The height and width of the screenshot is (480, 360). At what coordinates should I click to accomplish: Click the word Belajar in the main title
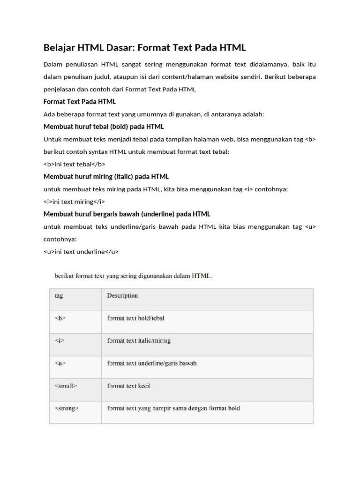(60, 48)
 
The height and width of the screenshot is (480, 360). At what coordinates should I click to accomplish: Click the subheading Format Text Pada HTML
(79, 102)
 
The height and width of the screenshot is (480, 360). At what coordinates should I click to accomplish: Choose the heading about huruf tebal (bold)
(104, 127)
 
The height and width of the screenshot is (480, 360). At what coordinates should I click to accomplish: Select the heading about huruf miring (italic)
(106, 177)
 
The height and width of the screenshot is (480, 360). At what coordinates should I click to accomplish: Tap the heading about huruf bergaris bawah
(127, 214)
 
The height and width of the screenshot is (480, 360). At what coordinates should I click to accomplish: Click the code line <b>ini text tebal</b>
(74, 164)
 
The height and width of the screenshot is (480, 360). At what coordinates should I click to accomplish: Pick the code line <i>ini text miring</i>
(74, 202)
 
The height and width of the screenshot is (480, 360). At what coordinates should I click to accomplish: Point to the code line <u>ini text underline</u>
(81, 252)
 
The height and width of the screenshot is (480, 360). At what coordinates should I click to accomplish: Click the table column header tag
(59, 296)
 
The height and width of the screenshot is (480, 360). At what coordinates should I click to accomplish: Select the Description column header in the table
(122, 296)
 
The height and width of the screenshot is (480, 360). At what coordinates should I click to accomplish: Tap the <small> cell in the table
(66, 386)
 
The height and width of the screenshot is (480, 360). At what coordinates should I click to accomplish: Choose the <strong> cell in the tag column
(67, 408)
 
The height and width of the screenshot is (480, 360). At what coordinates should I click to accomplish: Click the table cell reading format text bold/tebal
(135, 318)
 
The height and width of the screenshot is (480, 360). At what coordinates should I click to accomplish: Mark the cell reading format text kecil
(129, 386)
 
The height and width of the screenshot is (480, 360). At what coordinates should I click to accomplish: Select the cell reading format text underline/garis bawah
(152, 363)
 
